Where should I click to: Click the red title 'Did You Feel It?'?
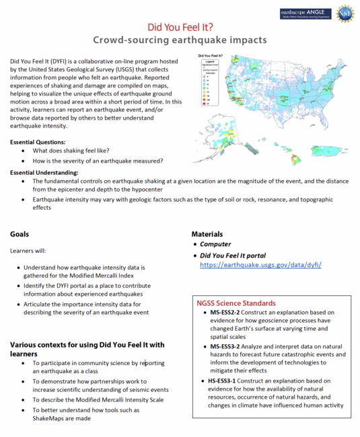[x=180, y=27]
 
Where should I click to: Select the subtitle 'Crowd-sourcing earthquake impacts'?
[x=180, y=40]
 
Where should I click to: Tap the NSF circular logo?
[x=345, y=13]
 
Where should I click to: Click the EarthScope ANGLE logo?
[x=306, y=13]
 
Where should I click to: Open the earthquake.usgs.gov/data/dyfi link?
[x=260, y=265]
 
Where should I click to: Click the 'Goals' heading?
[x=20, y=234]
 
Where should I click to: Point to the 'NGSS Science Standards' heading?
[x=236, y=303]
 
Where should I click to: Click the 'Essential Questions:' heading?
[x=38, y=142]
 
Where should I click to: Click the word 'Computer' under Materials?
[x=215, y=244]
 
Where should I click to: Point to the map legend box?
[x=209, y=85]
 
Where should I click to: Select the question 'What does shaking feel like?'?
[x=71, y=151]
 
